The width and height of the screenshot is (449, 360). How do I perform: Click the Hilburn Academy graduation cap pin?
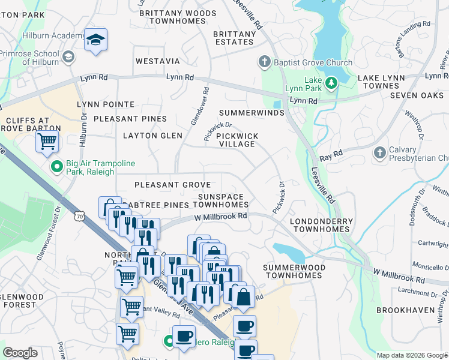pos(95,40)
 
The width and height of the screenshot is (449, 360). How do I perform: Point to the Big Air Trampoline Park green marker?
pos(56,166)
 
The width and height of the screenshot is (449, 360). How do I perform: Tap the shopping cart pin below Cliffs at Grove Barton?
pos(47,142)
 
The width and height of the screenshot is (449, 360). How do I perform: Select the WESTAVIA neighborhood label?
pos(157,61)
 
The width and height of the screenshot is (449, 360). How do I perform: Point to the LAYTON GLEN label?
pos(152,136)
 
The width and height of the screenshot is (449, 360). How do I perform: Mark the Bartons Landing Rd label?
pos(411,35)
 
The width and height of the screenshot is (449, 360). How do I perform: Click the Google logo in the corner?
pos(20,353)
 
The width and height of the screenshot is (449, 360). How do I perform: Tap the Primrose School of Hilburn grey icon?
pos(68,57)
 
